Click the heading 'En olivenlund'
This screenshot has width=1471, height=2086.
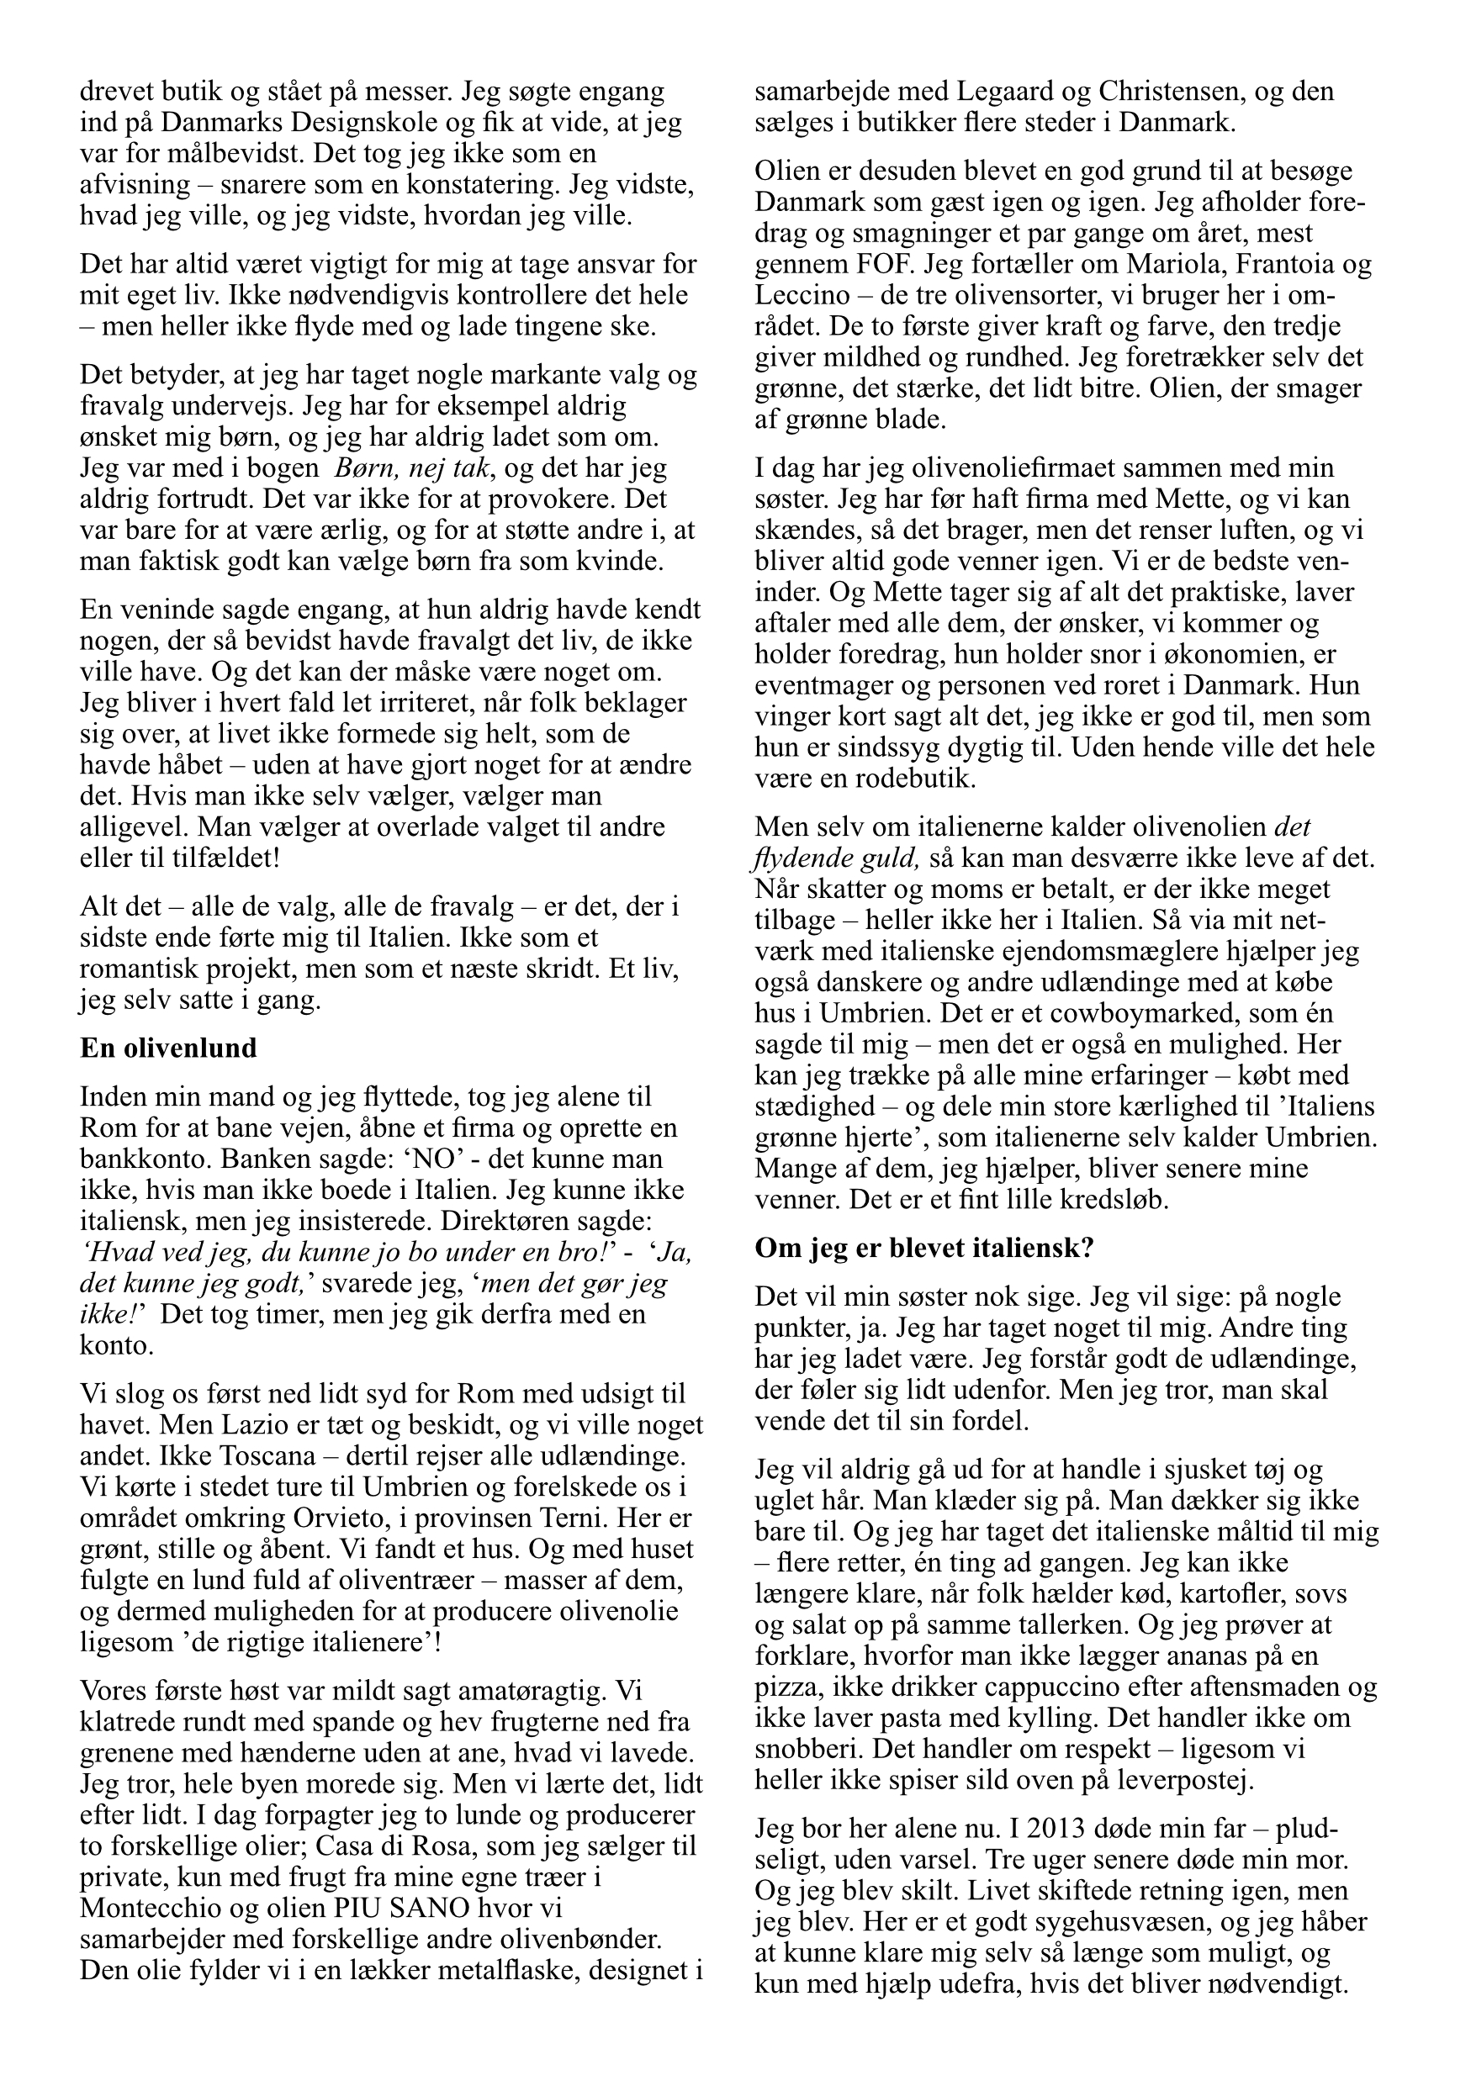(168, 1048)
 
